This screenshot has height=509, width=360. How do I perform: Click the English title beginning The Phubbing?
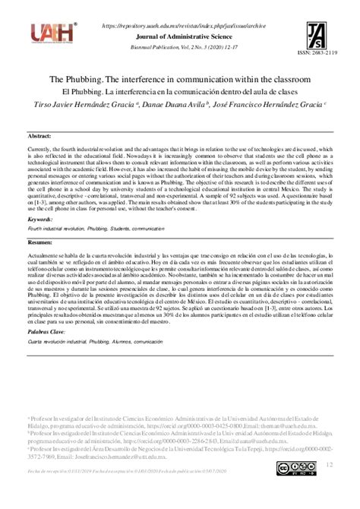[x=180, y=80]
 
